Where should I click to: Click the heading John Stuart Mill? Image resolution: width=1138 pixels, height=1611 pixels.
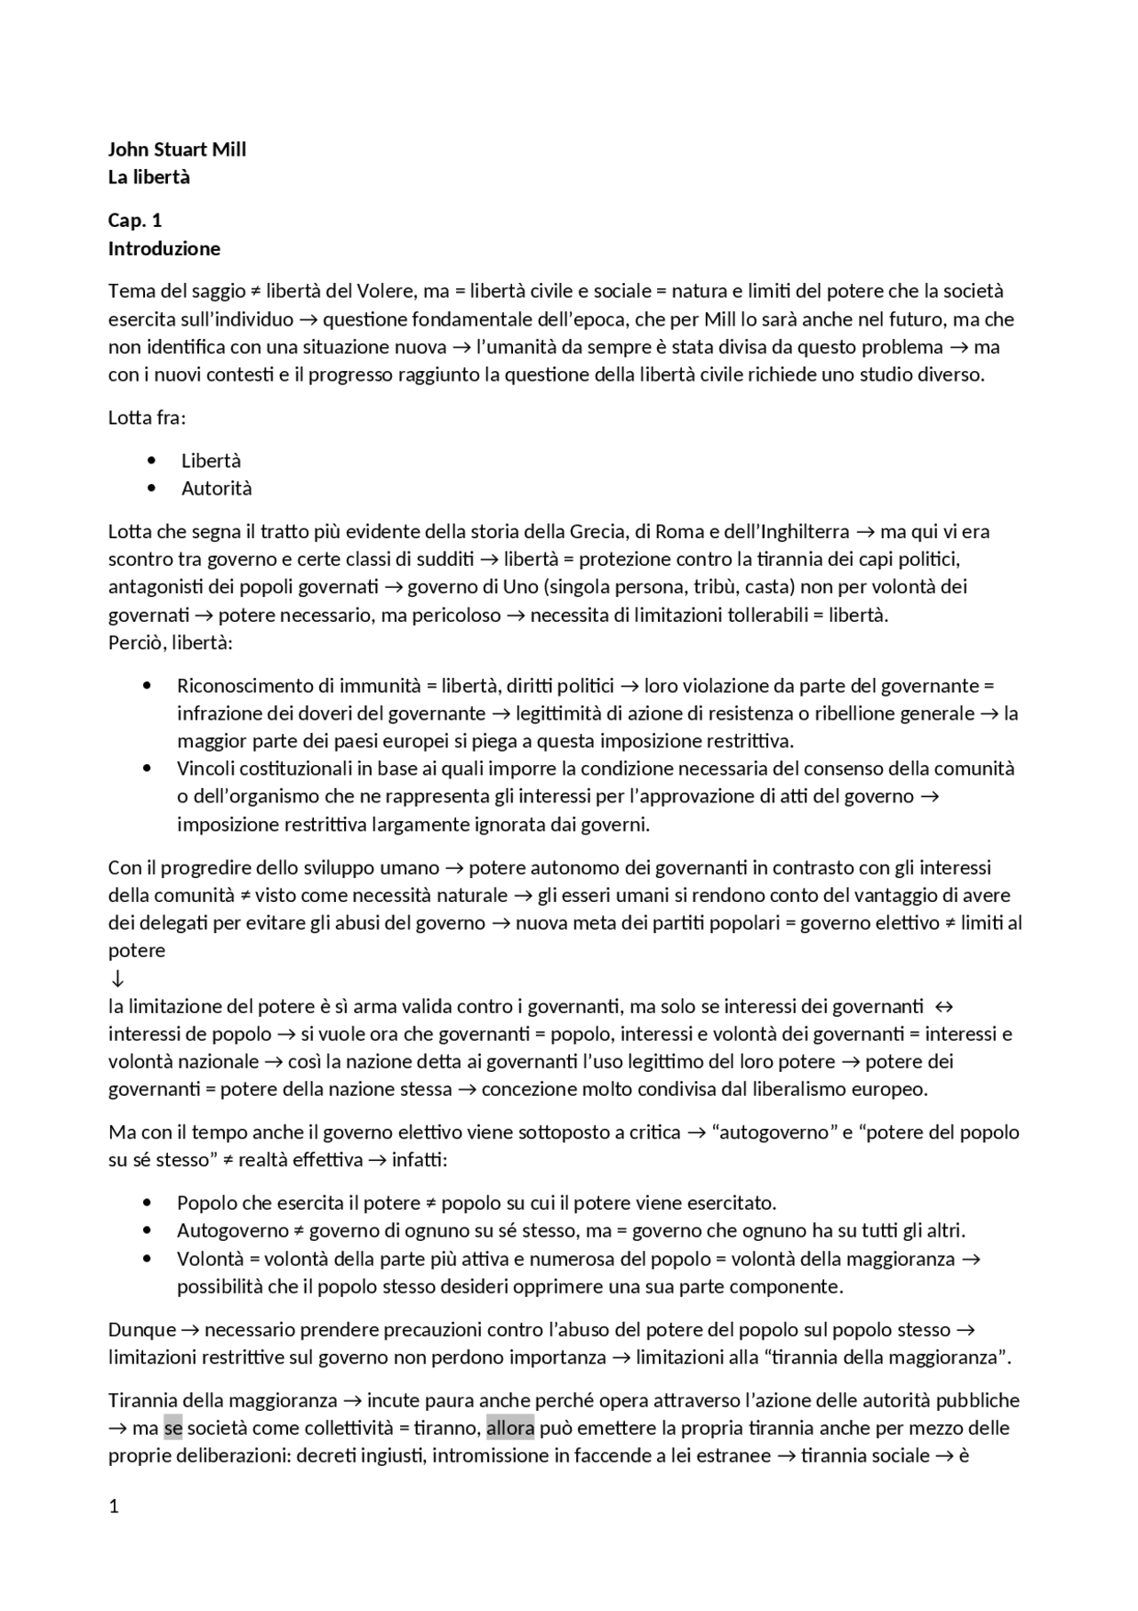177,149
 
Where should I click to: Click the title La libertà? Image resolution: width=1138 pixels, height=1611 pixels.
148,177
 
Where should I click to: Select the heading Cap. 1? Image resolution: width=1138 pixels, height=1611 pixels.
134,221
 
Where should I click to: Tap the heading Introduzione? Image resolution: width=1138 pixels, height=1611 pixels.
164,248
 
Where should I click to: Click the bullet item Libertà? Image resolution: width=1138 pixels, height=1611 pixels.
211,461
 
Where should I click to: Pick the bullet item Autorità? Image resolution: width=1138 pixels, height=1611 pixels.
216,488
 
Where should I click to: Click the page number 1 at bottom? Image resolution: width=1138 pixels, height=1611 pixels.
113,1506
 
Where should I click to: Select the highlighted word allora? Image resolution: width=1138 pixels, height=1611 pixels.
509,1428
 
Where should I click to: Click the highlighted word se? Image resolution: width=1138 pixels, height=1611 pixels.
172,1428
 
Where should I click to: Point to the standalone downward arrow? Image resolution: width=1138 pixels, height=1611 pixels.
116,979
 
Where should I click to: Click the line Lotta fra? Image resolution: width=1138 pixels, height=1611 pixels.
147,417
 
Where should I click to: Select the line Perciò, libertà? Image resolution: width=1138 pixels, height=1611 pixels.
170,642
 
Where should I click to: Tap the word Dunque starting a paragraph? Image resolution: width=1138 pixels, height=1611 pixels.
142,1330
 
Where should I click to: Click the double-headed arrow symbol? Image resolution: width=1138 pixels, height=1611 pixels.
944,1006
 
